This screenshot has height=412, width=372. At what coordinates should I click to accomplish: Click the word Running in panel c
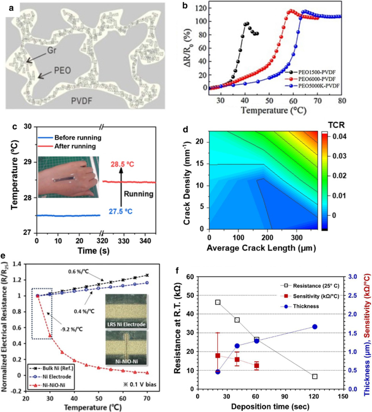(136, 192)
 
